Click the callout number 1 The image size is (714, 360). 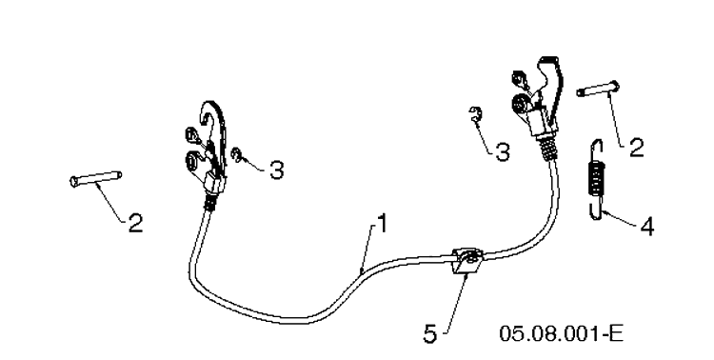coord(383,223)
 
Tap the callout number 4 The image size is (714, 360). coord(647,227)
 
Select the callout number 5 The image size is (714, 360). coord(430,334)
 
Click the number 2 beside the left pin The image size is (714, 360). coord(135,223)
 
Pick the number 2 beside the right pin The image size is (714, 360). coord(637,149)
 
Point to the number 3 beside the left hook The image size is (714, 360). coord(276,170)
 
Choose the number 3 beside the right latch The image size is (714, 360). coord(503,152)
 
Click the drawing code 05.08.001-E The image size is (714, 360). coord(561,333)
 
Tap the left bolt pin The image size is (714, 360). coord(96,178)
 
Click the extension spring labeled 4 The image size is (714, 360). coord(595,179)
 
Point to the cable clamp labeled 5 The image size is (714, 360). coord(466,261)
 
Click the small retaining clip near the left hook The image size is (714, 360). coord(237,155)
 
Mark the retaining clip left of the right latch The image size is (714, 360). coord(475,114)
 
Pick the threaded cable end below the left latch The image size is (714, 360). coord(210,202)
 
